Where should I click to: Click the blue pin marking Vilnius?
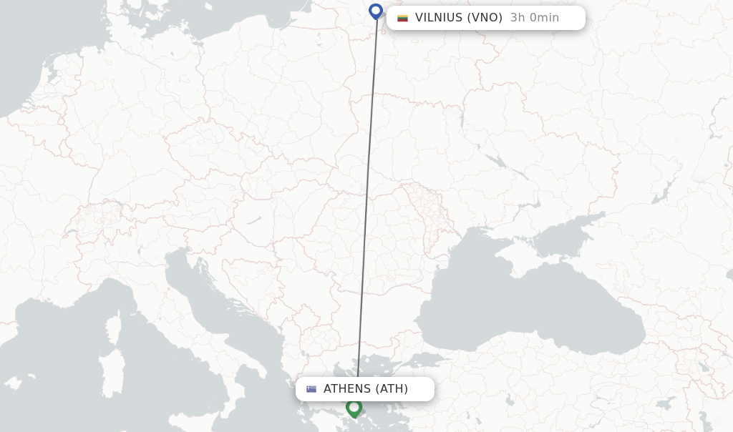click(376, 11)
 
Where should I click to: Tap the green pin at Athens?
click(354, 408)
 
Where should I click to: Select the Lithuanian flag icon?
click(402, 18)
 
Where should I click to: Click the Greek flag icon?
click(311, 389)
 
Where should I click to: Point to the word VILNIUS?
click(438, 18)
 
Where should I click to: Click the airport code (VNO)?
click(485, 18)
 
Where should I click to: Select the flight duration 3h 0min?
click(534, 18)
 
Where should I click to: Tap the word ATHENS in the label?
click(347, 389)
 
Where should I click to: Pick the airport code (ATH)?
click(392, 389)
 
